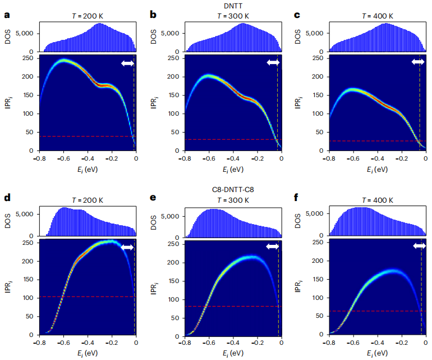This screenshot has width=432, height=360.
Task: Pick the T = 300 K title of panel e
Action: click(232, 199)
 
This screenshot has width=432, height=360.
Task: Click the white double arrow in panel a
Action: click(127, 63)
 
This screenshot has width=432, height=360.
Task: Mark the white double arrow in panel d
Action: click(127, 247)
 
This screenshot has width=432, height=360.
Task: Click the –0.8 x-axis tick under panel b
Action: click(183, 158)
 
